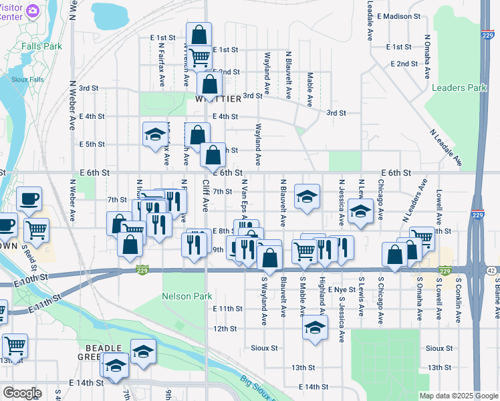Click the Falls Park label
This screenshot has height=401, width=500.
[x=41, y=46]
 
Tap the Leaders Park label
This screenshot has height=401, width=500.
[x=459, y=88]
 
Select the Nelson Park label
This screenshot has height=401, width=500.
[x=187, y=296]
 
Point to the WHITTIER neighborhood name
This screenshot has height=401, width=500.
[x=218, y=99]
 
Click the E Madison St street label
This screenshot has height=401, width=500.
[x=398, y=16]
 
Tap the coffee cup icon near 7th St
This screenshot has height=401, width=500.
[x=29, y=198]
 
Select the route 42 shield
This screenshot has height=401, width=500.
[x=492, y=271]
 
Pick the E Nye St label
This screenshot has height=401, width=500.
[x=342, y=290]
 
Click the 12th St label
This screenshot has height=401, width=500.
[x=225, y=329]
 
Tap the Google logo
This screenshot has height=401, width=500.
[x=21, y=393]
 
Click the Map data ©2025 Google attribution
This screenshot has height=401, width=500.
[x=458, y=396]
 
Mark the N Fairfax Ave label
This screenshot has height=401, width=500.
[x=162, y=65]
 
